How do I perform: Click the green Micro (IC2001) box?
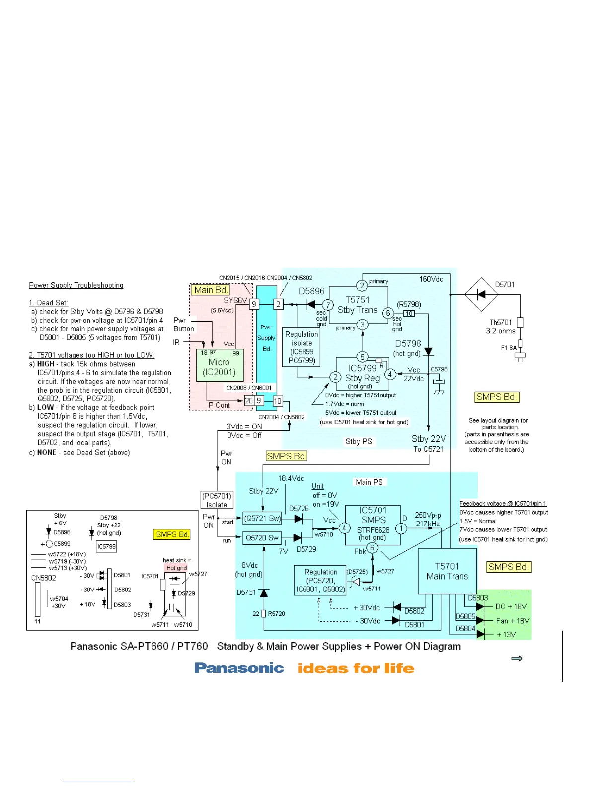219,365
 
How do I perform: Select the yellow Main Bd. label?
211,290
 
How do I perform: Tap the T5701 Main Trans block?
447,571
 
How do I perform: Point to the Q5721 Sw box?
262,519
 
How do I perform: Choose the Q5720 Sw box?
262,538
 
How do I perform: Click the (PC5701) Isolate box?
217,500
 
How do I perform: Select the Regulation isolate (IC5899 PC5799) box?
302,347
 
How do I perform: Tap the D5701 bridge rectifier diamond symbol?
481,294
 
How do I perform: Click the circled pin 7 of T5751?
328,305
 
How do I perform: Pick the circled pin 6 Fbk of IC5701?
372,548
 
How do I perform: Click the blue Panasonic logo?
239,668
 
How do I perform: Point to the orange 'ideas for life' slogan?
356,668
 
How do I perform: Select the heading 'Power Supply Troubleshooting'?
76,285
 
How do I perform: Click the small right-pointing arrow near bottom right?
517,658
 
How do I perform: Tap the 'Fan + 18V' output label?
512,621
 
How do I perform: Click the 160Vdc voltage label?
431,279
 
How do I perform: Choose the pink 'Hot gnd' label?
176,568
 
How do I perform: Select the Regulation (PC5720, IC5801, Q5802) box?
320,581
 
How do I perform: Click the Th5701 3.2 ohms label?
501,327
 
